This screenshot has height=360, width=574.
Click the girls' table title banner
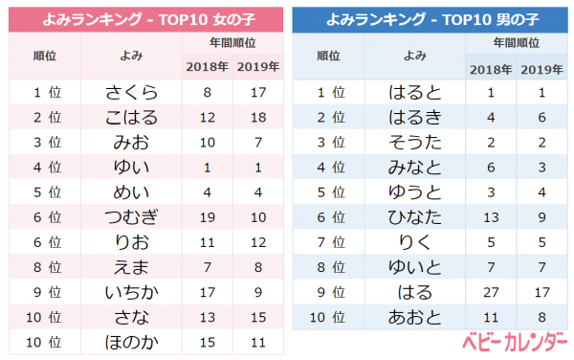[x=145, y=19]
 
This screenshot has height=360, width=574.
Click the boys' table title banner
[x=430, y=19]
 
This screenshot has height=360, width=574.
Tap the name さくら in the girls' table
[x=131, y=92]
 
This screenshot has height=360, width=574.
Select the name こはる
[x=131, y=117]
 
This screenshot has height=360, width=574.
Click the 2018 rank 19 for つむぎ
[x=208, y=217]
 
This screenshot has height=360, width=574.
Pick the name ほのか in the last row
[x=131, y=343]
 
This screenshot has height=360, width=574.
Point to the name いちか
[x=131, y=292]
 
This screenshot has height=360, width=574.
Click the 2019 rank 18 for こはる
[x=258, y=118]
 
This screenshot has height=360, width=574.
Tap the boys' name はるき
[x=415, y=117]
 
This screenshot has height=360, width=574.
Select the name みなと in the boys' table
[x=415, y=168]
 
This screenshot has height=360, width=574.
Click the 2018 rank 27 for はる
[x=491, y=292]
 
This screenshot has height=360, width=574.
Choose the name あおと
[x=415, y=317]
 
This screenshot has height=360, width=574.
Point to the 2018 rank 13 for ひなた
[x=491, y=217]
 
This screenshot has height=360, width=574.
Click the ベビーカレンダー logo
[x=515, y=342]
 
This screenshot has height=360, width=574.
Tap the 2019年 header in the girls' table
[x=258, y=67]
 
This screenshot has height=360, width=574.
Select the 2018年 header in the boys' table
[x=491, y=69]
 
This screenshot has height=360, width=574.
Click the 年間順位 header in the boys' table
[x=517, y=43]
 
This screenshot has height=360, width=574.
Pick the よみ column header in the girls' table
[x=131, y=56]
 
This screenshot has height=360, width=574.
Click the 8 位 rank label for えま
[x=48, y=267]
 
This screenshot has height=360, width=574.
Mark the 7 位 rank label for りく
[x=331, y=242]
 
